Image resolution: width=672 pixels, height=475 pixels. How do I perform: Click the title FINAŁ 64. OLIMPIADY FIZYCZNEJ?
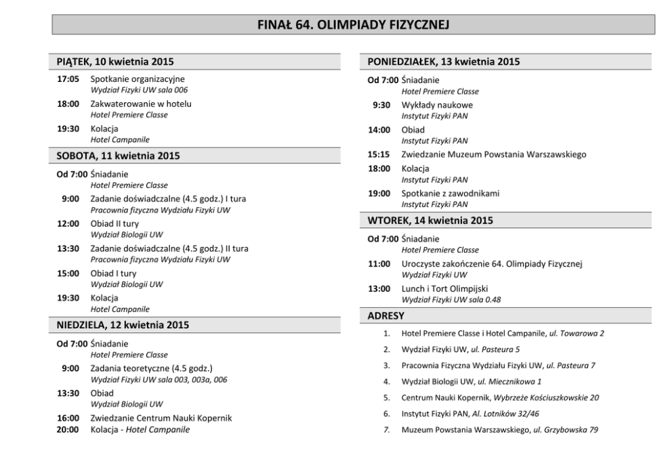click(x=353, y=25)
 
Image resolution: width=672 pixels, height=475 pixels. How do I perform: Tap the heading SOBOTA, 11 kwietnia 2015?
click(x=118, y=156)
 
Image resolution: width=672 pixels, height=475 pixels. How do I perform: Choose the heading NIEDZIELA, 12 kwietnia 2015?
click(x=123, y=325)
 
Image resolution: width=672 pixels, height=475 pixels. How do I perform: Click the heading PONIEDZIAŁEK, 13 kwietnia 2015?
click(x=444, y=62)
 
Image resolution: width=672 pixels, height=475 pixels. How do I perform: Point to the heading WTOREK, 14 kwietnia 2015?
click(x=430, y=221)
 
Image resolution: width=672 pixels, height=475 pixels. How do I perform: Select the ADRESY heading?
click(x=386, y=315)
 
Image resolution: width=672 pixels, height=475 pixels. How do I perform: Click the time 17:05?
click(x=68, y=79)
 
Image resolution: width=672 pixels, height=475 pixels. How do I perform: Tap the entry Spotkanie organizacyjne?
click(x=138, y=79)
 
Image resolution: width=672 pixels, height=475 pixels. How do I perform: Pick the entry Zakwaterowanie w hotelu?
click(x=141, y=104)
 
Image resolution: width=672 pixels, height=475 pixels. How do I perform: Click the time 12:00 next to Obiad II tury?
click(x=68, y=223)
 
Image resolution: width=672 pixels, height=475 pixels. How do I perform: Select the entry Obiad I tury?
click(x=113, y=273)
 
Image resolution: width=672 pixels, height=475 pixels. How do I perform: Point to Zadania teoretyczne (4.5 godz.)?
click(x=151, y=368)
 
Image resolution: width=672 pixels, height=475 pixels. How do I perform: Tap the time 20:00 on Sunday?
click(x=68, y=429)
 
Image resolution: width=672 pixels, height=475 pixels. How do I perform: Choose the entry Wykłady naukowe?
click(x=437, y=105)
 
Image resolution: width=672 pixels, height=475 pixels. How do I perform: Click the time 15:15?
click(x=379, y=154)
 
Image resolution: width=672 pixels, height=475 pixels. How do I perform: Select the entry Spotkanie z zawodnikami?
click(x=450, y=194)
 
